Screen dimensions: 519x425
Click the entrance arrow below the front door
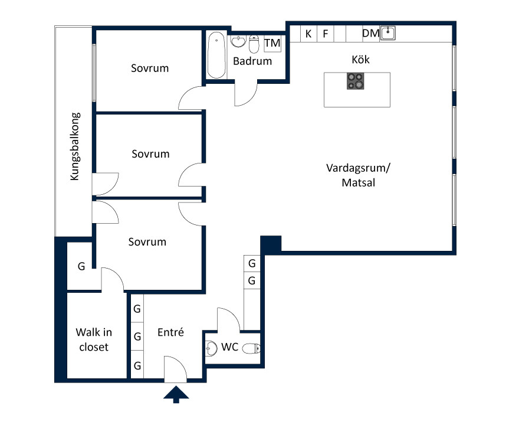pyautogui.click(x=176, y=394)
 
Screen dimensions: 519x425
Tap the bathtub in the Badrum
pyautogui.click(x=216, y=55)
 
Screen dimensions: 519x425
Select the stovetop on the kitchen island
pyautogui.click(x=356, y=81)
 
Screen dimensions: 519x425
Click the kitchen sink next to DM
pyautogui.click(x=388, y=33)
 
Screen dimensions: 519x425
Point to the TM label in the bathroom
pyautogui.click(x=272, y=43)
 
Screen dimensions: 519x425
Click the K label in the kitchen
pyautogui.click(x=308, y=34)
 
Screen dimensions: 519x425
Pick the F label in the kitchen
pyautogui.click(x=326, y=34)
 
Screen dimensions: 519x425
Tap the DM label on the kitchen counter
pyautogui.click(x=371, y=33)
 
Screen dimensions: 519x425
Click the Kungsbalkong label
pyautogui.click(x=75, y=147)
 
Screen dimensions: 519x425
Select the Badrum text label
pyautogui.click(x=252, y=61)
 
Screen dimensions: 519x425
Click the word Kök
pyautogui.click(x=360, y=60)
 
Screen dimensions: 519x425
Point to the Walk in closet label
pyautogui.click(x=94, y=339)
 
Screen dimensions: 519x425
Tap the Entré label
pyautogui.click(x=171, y=332)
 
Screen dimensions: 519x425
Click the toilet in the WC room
pyautogui.click(x=251, y=348)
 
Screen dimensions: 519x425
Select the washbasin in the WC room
pyautogui.click(x=211, y=348)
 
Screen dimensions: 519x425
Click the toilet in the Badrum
pyautogui.click(x=254, y=44)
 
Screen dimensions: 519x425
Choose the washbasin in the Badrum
pyautogui.click(x=238, y=41)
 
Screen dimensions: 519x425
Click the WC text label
pyautogui.click(x=229, y=347)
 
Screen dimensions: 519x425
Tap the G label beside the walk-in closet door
pyautogui.click(x=81, y=266)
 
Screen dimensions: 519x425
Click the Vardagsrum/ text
pyautogui.click(x=358, y=168)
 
